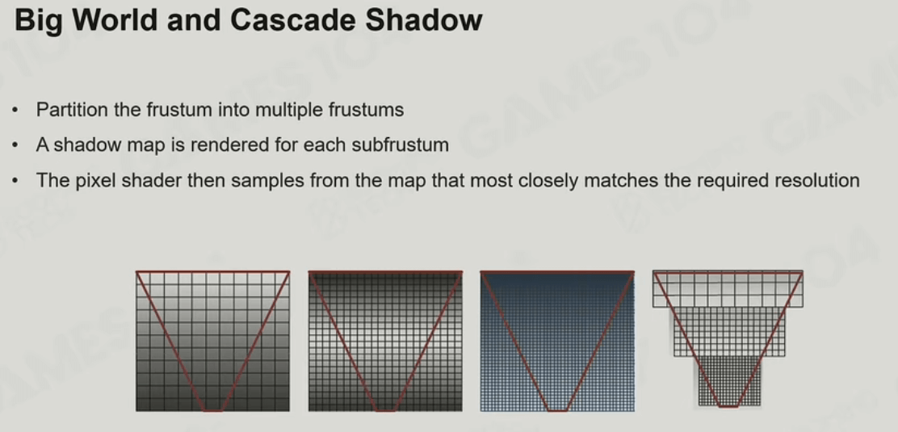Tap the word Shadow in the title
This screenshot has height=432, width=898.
click(x=423, y=20)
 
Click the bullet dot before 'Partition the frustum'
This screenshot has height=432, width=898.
click(x=15, y=110)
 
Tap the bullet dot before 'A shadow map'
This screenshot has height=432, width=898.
click(x=15, y=145)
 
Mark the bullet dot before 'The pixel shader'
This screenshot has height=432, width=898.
click(x=15, y=181)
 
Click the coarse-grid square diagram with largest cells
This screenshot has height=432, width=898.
click(x=212, y=341)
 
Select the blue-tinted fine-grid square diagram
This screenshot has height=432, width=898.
click(x=557, y=341)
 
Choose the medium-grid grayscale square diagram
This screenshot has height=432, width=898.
click(x=385, y=341)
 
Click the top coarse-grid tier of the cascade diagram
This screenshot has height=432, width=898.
click(x=728, y=289)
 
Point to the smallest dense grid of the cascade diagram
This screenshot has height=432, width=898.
click(x=728, y=381)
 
